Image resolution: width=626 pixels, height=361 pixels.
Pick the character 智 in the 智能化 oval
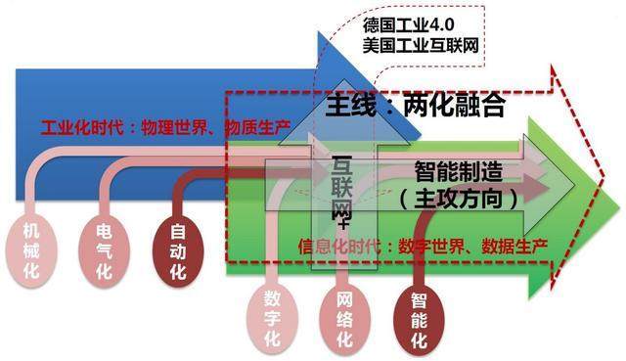tap(419, 297)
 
